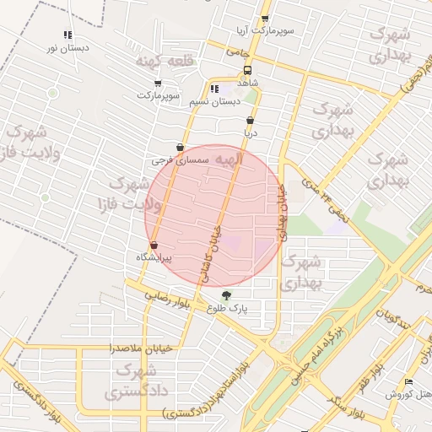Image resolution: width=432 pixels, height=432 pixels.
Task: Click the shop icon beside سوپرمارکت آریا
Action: point(266,19)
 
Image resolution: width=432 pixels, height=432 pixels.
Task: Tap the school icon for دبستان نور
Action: point(67,35)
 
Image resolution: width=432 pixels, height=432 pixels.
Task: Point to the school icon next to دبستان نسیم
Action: point(214,89)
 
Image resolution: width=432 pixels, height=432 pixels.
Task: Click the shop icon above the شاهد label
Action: point(246,71)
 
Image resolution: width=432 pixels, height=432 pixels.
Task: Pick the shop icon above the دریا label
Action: point(250,121)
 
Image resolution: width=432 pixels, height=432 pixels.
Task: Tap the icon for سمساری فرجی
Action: point(179,147)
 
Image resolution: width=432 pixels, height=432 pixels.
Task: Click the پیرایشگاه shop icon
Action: point(153,246)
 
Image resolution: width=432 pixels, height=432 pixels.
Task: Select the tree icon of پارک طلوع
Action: point(225,295)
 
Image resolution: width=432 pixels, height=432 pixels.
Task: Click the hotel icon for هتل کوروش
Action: point(409,382)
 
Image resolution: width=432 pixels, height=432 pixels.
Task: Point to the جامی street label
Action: point(233,53)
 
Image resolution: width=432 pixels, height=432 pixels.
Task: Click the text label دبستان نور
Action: point(67,48)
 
